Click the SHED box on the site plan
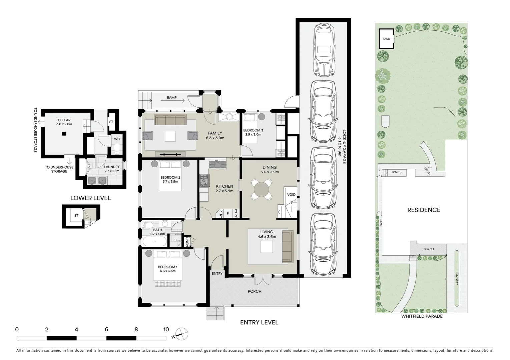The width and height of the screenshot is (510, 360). [387, 39]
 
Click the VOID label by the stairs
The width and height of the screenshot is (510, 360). [291, 195]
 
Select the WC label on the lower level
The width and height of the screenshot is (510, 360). [117, 139]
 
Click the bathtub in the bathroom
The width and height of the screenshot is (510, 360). [154, 241]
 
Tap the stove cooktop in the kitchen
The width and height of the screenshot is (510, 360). [204, 180]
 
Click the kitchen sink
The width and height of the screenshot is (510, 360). [217, 164]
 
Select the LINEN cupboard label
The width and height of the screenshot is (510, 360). [187, 242]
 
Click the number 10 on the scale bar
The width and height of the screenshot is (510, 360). [166, 330]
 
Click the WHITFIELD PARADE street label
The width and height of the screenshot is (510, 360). [422, 316]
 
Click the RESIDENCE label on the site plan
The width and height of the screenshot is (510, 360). [424, 210]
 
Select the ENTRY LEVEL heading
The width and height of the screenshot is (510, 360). [259, 322]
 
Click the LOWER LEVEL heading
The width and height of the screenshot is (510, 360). [90, 198]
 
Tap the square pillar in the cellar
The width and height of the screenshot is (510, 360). [64, 134]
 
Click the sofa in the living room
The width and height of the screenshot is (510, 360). [287, 247]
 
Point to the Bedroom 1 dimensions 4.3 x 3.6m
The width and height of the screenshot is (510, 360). [167, 271]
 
